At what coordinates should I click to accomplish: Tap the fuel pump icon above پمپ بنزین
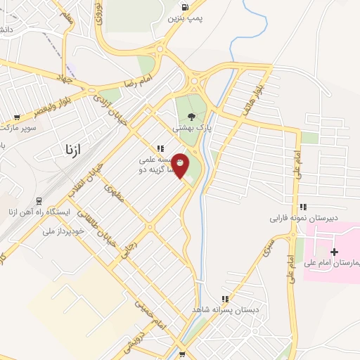coord(184,8)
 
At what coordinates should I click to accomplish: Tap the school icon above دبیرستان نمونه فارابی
coord(303,207)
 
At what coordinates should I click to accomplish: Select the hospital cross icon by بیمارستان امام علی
coord(333,251)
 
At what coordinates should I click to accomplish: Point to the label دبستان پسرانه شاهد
coord(228,309)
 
